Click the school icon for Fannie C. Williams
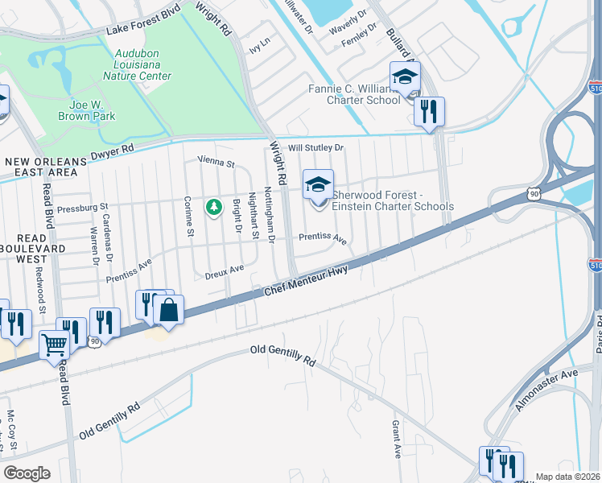click(x=405, y=77)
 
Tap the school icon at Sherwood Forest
click(x=318, y=185)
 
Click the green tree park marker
click(x=213, y=208)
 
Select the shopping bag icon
click(x=168, y=311)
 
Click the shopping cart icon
click(x=55, y=345)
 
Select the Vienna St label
click(x=216, y=163)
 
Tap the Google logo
click(x=26, y=473)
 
